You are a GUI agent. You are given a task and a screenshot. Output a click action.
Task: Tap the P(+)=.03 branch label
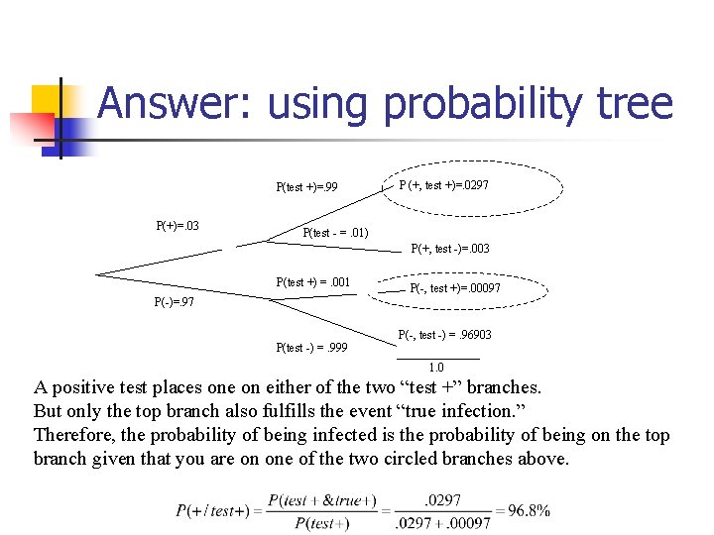[178, 225]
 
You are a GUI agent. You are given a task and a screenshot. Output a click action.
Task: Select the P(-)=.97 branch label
[174, 302]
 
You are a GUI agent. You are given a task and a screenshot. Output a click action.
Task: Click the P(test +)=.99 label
[306, 186]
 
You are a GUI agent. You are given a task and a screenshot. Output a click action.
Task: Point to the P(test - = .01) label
[335, 233]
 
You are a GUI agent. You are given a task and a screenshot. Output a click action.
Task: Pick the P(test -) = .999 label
[311, 347]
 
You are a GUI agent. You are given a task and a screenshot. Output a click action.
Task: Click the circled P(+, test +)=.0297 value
[443, 185]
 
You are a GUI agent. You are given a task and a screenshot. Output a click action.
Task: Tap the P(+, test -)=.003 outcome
[450, 249]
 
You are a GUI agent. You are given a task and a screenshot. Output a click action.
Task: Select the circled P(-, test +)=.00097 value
[455, 288]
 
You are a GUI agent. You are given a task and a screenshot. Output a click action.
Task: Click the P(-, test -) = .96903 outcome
[444, 335]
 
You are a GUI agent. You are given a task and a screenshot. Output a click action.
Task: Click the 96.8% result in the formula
[530, 511]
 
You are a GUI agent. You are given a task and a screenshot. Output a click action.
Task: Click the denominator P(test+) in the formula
[322, 523]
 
